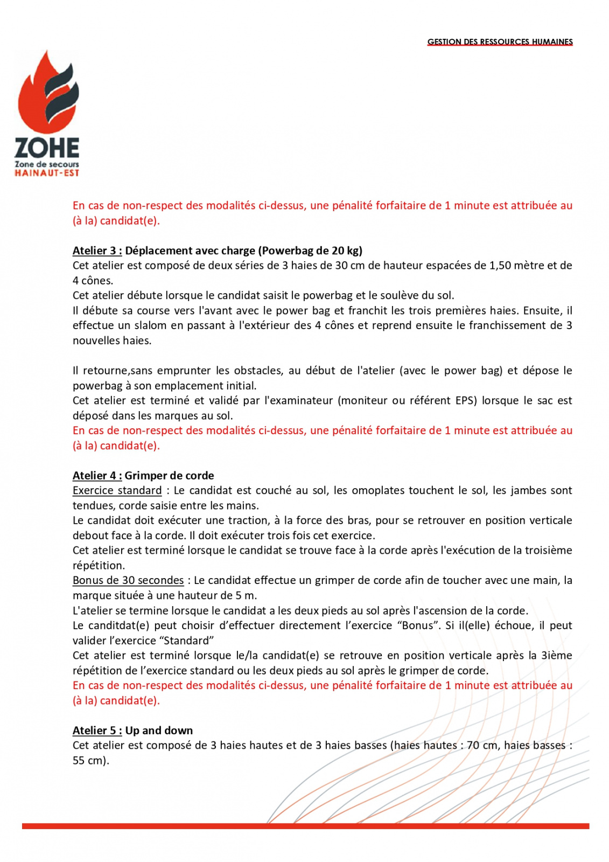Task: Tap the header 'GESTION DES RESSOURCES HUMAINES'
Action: coord(500,42)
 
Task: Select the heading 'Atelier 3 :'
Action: coord(97,251)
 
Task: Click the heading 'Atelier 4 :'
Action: coord(97,476)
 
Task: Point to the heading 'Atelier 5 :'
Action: coord(97,731)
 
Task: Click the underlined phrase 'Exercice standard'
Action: coord(117,490)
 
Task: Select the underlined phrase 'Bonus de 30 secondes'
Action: coord(128,580)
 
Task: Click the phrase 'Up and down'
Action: coord(159,731)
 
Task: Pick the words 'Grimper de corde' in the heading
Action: coord(169,476)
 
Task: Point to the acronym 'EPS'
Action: coord(466,400)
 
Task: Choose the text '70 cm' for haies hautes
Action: coord(481,745)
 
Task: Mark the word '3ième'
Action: coord(557,656)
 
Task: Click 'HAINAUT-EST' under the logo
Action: coord(47,173)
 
